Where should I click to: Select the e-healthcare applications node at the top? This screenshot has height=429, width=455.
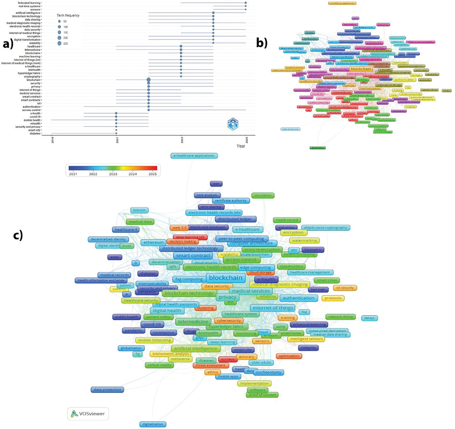pos(194,155)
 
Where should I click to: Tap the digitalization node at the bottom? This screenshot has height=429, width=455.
pos(153,424)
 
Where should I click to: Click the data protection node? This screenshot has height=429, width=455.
pos(108,389)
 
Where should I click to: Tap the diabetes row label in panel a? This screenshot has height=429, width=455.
pos(34,133)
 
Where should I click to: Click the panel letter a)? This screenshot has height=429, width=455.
pos(10,45)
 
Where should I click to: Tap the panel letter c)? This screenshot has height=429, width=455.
pos(18,235)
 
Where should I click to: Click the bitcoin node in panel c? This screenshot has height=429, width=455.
pos(140,211)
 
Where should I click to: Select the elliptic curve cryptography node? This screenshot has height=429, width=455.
pos(325,227)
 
